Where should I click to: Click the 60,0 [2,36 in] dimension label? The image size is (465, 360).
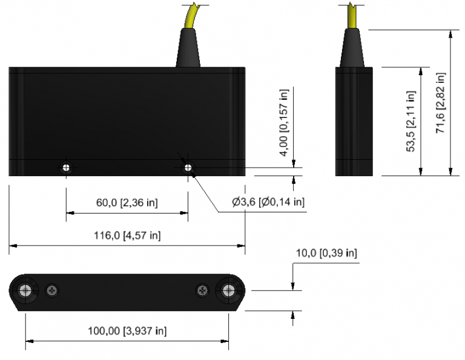point(127,203)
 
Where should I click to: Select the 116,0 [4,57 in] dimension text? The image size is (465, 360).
point(127,235)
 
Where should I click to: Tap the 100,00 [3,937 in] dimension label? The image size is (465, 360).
point(127,331)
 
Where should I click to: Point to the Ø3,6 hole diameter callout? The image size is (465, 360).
point(268,202)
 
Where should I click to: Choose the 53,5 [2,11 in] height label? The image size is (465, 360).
point(411,122)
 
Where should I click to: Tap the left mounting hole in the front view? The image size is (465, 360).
point(65,167)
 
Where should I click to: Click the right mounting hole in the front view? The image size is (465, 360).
point(188,167)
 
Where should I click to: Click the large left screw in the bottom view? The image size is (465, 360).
point(26,290)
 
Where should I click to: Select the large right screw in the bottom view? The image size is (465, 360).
point(228,290)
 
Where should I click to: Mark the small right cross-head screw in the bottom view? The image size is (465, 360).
point(202,290)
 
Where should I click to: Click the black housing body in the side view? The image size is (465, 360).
point(354,121)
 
